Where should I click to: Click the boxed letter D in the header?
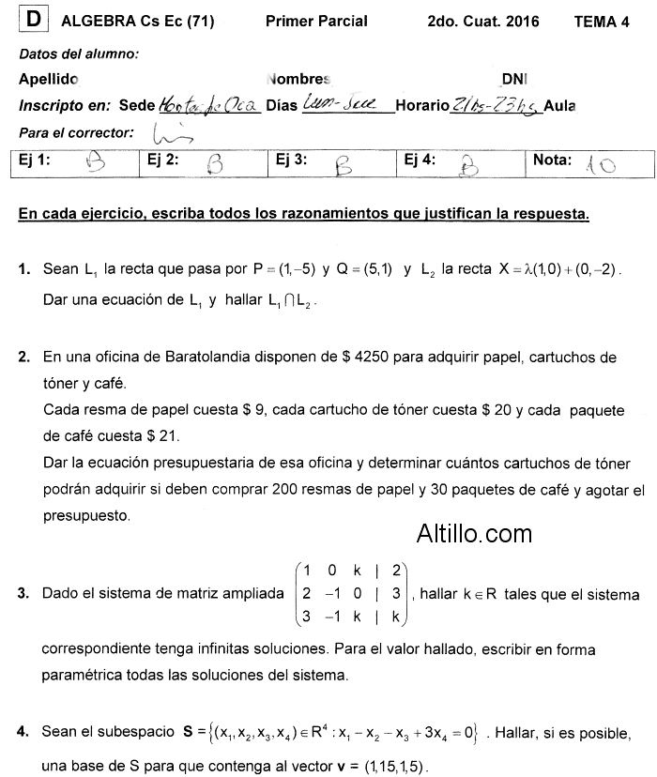[34, 20]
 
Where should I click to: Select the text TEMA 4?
[602, 22]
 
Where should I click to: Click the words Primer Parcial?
[316, 21]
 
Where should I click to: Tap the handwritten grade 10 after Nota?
[600, 166]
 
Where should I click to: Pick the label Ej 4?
[420, 160]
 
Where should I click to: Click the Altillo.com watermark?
[474, 534]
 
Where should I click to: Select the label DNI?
[514, 81]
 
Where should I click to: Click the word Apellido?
[49, 81]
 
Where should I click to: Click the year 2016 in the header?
[521, 22]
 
